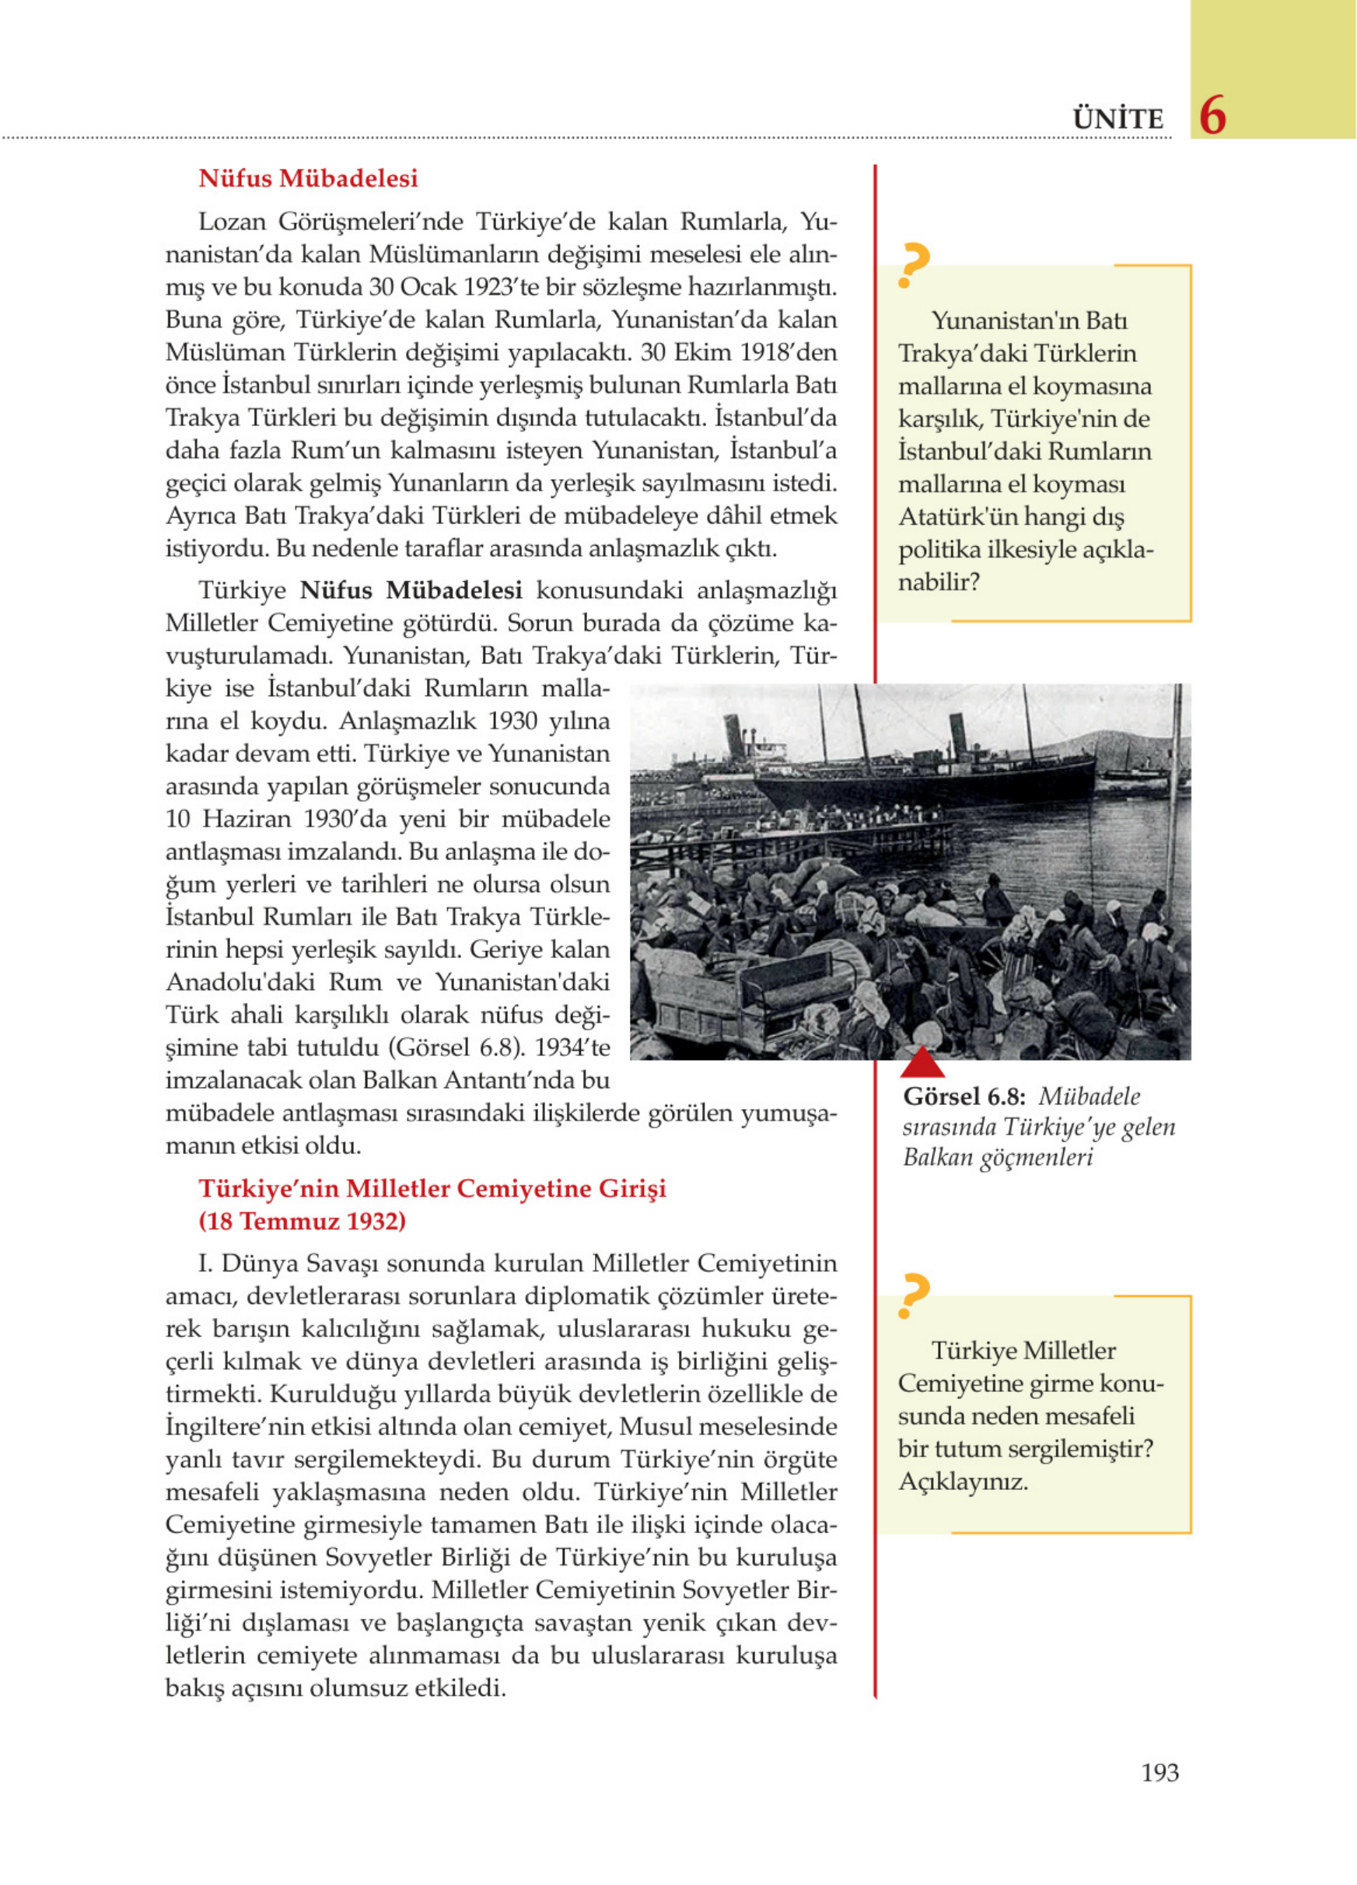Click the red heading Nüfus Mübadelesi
[x=307, y=179]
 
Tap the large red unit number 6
[x=1212, y=116]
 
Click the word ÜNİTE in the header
[x=1117, y=119]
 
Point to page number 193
[x=1159, y=1773]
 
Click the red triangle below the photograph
[x=922, y=1063]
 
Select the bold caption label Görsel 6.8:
[x=964, y=1097]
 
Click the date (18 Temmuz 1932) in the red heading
[x=302, y=1221]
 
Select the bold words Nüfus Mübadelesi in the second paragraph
[x=411, y=590]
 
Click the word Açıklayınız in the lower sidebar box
[x=962, y=1482]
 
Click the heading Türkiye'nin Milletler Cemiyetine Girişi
[x=432, y=1188]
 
